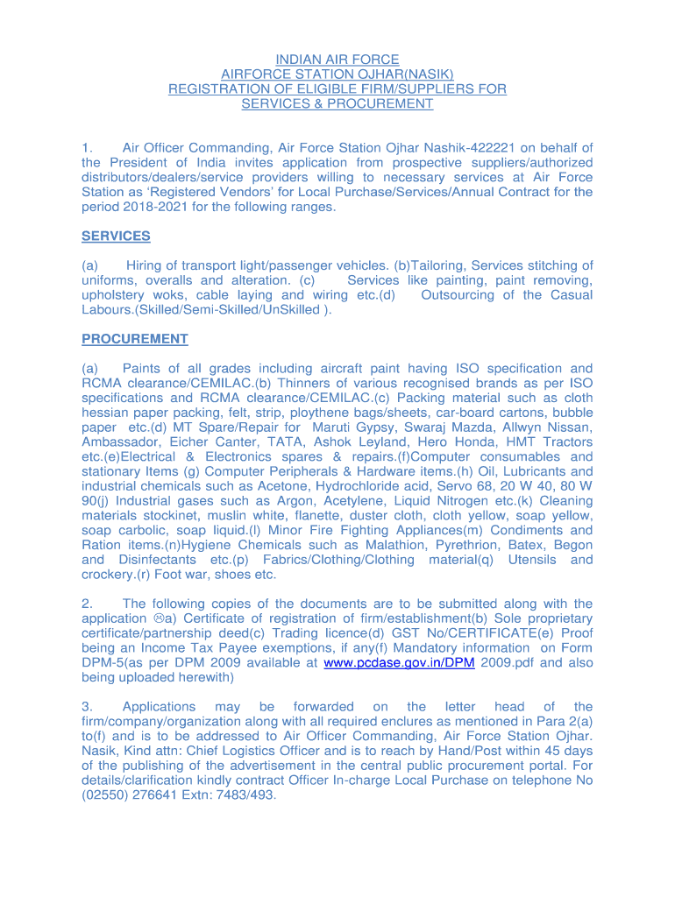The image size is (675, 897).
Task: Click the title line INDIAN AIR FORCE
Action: click(x=337, y=60)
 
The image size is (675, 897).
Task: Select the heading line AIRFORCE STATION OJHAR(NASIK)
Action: click(x=337, y=74)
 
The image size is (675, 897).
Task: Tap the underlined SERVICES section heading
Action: click(x=116, y=237)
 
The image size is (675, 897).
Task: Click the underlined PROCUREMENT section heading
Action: click(x=134, y=339)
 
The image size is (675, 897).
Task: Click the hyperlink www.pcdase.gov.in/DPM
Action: click(x=399, y=663)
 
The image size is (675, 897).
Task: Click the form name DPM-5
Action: click(x=103, y=663)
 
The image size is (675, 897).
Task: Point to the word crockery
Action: click(x=110, y=575)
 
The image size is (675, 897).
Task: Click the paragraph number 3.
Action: click(x=87, y=707)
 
